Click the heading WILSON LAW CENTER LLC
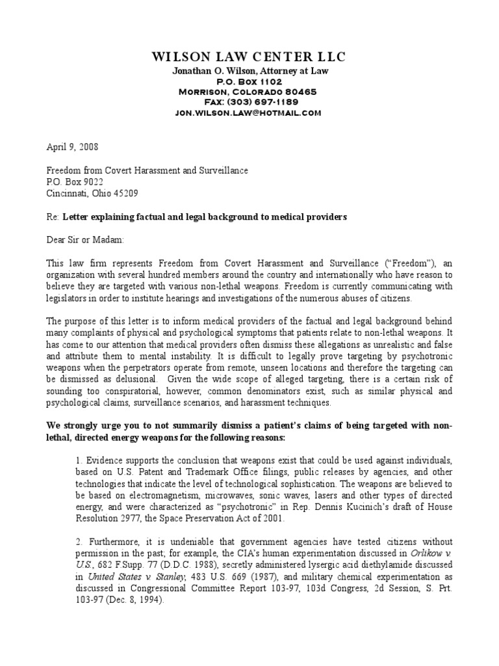(249, 57)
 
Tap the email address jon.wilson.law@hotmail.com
(249, 113)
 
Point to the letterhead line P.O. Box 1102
(249, 81)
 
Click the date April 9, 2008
(73, 148)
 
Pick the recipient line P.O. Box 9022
(75, 182)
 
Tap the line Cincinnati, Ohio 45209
(92, 193)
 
